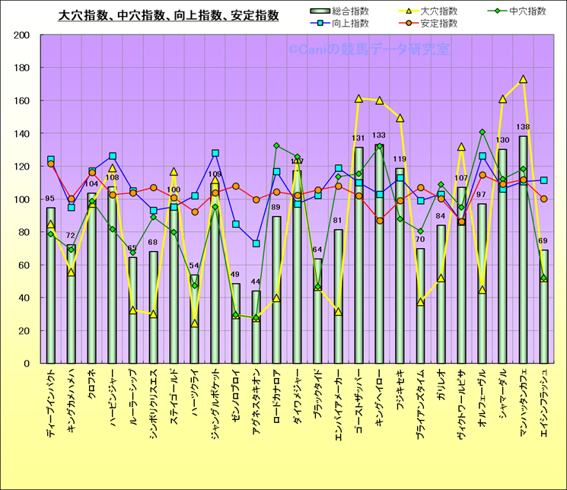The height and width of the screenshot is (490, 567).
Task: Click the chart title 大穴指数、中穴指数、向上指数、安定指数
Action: pyautogui.click(x=168, y=15)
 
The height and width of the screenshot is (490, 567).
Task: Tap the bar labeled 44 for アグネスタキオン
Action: pyautogui.click(x=256, y=327)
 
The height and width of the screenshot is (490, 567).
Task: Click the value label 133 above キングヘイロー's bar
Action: pyautogui.click(x=379, y=135)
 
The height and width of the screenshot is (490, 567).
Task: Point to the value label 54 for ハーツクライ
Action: pyautogui.click(x=194, y=266)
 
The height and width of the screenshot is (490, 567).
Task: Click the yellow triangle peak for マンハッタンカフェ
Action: pyautogui.click(x=523, y=79)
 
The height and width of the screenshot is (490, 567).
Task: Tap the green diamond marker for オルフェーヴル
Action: pyautogui.click(x=482, y=132)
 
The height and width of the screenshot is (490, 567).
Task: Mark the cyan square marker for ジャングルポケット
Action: pyautogui.click(x=215, y=153)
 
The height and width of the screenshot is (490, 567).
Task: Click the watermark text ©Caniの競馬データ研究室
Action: pyautogui.click(x=368, y=49)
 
